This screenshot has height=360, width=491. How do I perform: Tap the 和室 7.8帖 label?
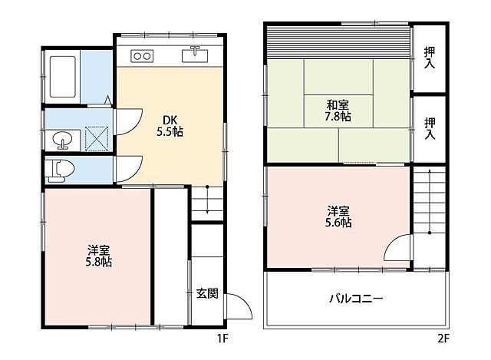(338, 111)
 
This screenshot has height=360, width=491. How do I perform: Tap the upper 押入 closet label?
(430, 58)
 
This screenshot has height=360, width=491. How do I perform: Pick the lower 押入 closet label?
(430, 128)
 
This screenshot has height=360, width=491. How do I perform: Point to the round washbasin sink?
(62, 140)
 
